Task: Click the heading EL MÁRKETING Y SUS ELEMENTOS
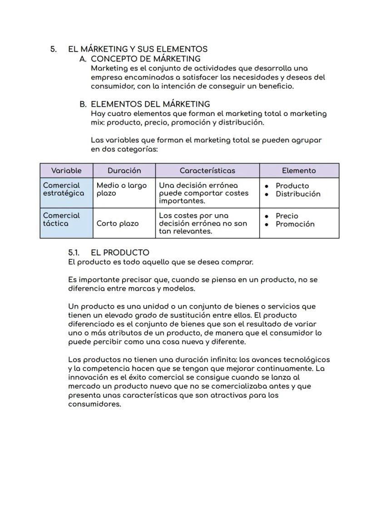pos(138,49)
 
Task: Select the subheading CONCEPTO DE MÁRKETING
pos(145,58)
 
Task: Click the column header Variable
pos(66,170)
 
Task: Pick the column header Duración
pos(124,170)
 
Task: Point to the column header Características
pos(207,170)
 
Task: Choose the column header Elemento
pos(299,170)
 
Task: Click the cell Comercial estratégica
pos(63,189)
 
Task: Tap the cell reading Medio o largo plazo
pos(121,189)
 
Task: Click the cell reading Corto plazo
pos(118,224)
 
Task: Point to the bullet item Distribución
pos(297,194)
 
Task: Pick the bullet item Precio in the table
pos(287,216)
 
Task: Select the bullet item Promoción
pos(295,224)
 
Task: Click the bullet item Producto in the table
pos(292,186)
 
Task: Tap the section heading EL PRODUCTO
pos(120,253)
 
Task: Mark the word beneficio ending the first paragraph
pos(275,86)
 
